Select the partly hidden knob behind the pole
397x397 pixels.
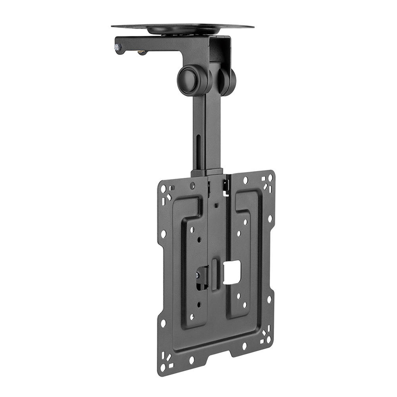[x=229, y=81]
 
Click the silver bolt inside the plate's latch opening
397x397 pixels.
[x=197, y=274]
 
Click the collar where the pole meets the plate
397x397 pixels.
[x=206, y=173]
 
